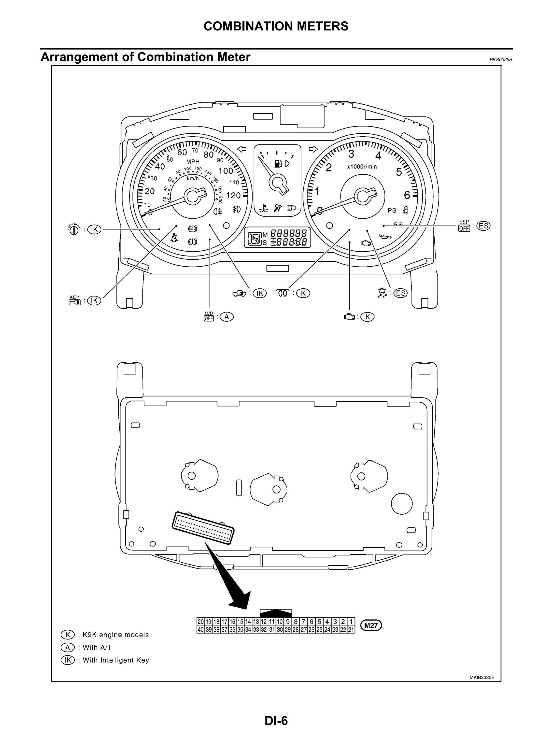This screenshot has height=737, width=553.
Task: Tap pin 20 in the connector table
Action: (200, 622)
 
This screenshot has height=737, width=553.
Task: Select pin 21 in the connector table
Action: (351, 629)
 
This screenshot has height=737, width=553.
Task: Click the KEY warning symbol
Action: (75, 300)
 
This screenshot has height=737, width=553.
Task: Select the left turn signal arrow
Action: (241, 149)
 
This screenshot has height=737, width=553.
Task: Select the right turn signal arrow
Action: (313, 149)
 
